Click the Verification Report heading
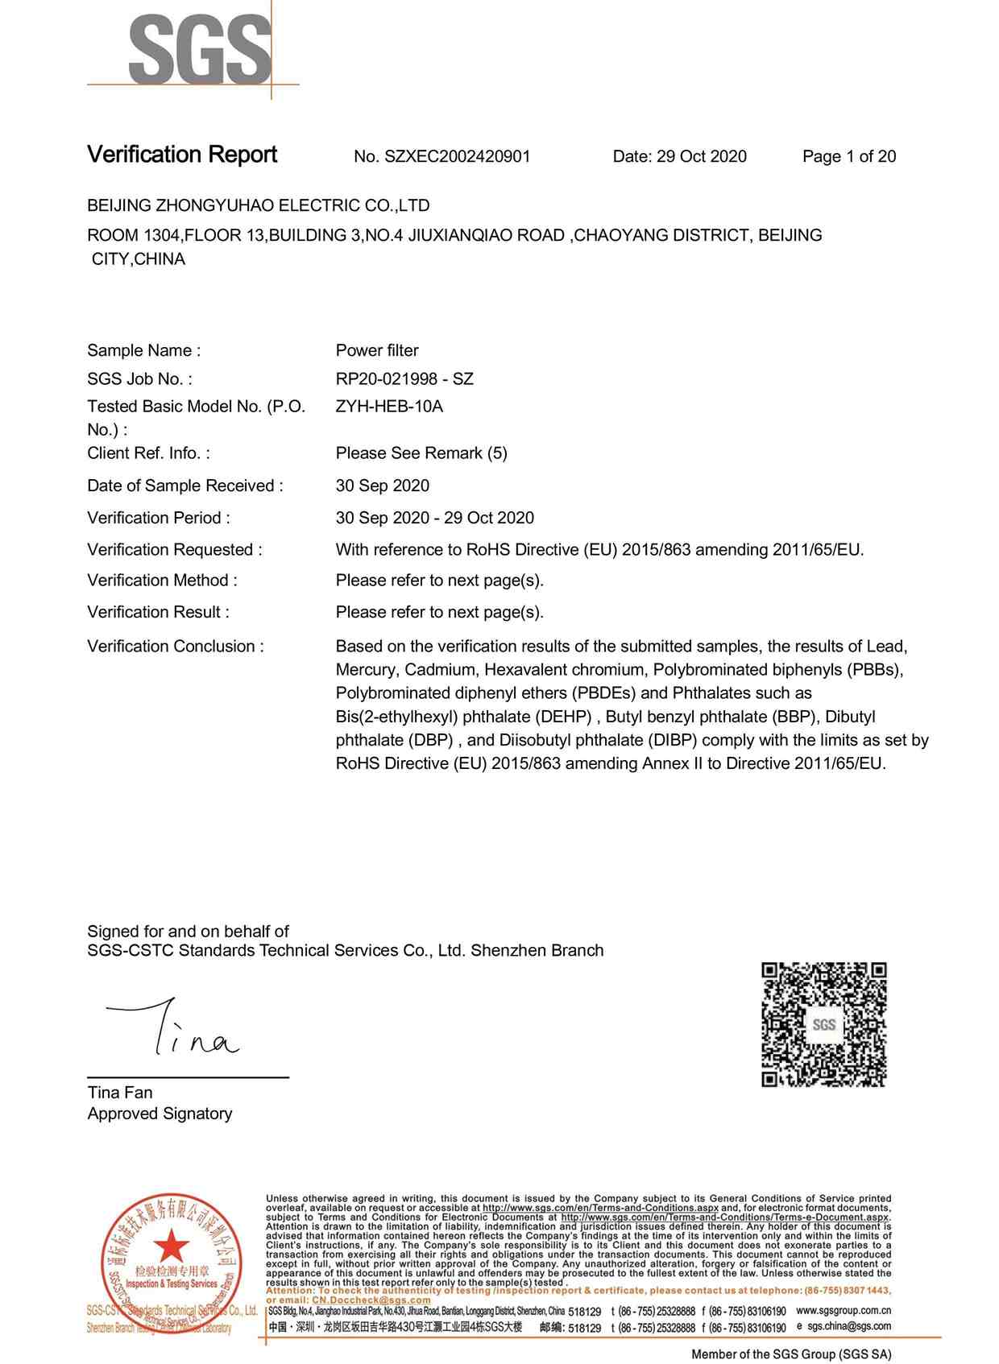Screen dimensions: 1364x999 182,155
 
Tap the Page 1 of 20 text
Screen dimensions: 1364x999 848,156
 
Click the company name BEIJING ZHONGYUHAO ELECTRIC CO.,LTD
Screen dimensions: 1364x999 258,205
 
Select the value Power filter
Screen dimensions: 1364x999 377,350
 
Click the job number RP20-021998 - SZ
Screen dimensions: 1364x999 404,378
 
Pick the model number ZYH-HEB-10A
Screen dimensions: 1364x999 389,406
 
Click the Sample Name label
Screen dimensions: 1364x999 143,350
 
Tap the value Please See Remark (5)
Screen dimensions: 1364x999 421,453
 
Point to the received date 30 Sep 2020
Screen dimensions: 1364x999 382,486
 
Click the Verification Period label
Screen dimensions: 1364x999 158,518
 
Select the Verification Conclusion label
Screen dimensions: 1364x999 175,646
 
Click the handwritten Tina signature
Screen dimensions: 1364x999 173,1029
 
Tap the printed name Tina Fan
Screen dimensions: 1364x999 119,1093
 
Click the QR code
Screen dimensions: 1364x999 823,1023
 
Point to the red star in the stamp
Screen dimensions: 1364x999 171,1247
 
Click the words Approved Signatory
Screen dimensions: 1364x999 160,1114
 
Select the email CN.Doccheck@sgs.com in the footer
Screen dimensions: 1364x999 371,1300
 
